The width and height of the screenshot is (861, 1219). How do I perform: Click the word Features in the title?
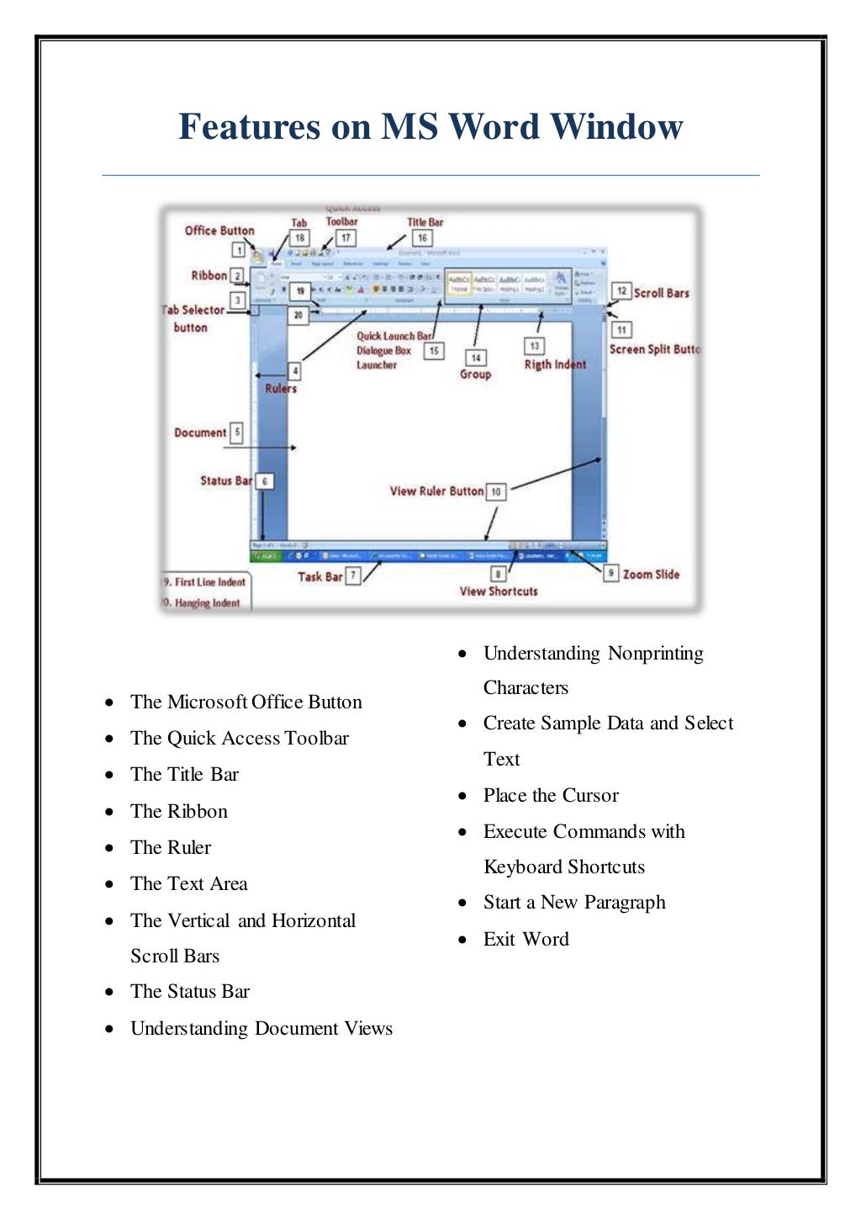250,127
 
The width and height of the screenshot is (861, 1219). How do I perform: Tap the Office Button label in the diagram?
219,231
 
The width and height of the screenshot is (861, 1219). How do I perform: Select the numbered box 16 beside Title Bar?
422,239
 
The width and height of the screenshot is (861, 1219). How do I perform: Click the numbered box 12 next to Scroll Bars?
621,292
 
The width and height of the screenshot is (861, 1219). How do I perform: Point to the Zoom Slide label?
651,575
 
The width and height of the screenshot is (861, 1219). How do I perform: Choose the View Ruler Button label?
436,491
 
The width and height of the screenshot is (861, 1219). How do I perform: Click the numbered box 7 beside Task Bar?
353,576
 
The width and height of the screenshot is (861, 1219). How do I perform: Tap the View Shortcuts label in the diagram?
499,591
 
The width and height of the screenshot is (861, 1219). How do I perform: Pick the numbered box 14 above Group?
476,358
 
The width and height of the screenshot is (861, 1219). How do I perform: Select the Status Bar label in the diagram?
226,481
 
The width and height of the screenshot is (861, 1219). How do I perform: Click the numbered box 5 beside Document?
237,432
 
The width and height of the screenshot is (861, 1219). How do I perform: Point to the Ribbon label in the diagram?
209,275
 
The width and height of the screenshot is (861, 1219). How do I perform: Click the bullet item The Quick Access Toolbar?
240,739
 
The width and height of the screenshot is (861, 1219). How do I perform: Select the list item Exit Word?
526,940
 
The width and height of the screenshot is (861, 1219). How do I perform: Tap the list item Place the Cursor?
551,796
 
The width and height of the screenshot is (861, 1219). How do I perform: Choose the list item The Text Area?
189,884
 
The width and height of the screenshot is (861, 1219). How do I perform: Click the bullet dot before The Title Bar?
109,775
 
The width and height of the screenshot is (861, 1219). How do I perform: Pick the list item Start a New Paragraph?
574,903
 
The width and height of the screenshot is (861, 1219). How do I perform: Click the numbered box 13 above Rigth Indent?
534,346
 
